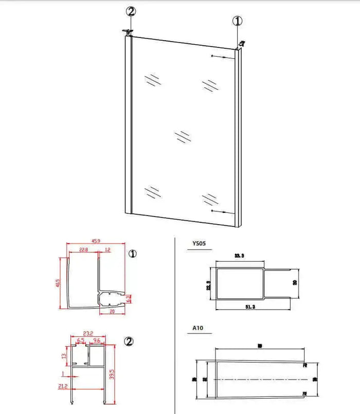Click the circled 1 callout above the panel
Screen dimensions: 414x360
click(238, 21)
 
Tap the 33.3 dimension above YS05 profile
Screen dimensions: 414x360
click(239, 256)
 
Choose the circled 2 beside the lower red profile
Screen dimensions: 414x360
click(130, 341)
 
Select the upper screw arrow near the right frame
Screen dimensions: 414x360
click(220, 56)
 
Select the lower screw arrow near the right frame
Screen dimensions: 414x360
click(220, 211)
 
